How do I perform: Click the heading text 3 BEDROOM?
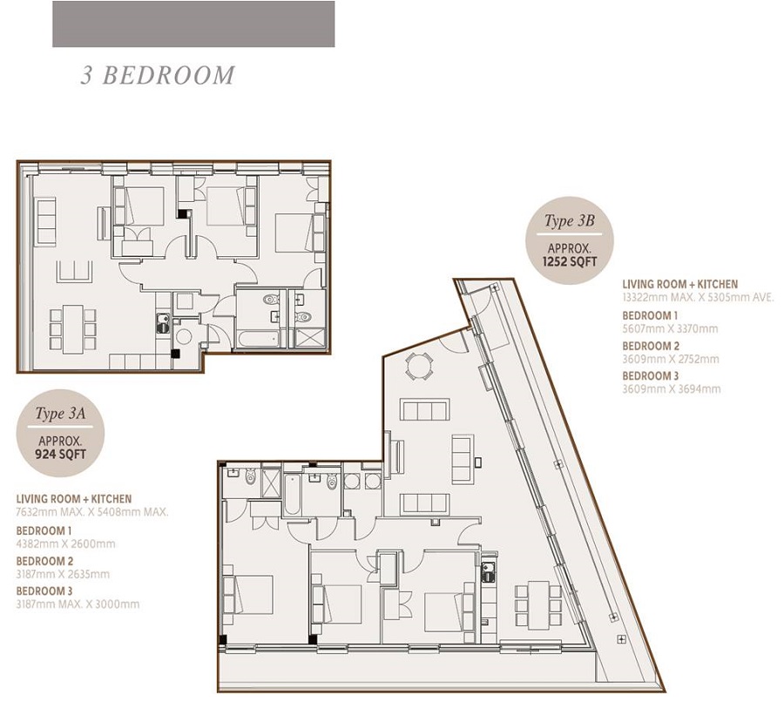tap(158, 75)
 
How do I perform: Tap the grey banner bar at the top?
tap(193, 24)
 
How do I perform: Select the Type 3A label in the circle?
tap(60, 414)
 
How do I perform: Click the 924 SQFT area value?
tap(60, 455)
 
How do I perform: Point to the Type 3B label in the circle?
tap(570, 220)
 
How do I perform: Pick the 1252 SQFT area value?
tap(570, 261)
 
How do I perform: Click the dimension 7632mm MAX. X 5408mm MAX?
tap(92, 512)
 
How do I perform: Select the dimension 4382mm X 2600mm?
tap(65, 543)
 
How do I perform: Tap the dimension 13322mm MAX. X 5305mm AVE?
tap(698, 297)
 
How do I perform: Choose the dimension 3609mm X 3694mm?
tap(672, 389)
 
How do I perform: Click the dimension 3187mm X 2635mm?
tap(63, 574)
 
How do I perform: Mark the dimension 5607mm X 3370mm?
tap(670, 328)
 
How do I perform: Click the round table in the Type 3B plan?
tap(418, 367)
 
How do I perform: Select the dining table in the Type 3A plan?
tap(72, 329)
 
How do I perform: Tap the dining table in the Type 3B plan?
tap(538, 605)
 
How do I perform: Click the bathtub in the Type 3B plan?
tap(293, 495)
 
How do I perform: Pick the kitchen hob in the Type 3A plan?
tap(163, 323)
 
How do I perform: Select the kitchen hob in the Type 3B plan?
tap(488, 572)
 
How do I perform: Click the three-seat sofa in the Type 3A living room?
tap(45, 221)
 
